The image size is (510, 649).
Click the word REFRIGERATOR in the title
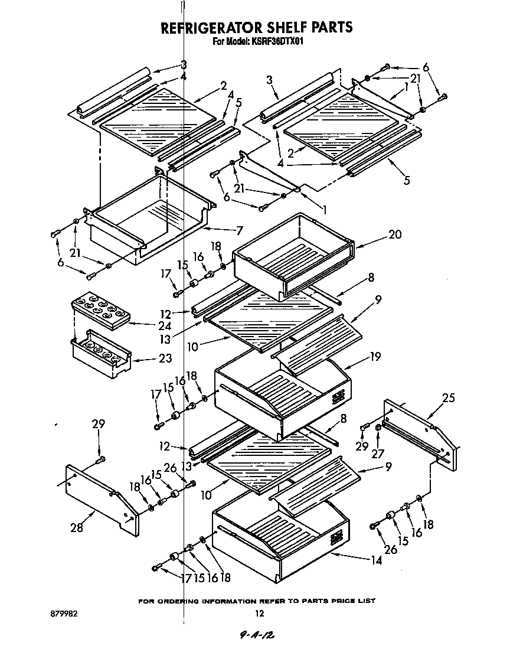(204, 27)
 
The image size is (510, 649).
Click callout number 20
(394, 235)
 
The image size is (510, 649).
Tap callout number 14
(375, 560)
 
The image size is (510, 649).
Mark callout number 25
(449, 398)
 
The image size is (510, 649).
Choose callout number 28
(77, 527)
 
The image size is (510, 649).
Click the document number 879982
(65, 614)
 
